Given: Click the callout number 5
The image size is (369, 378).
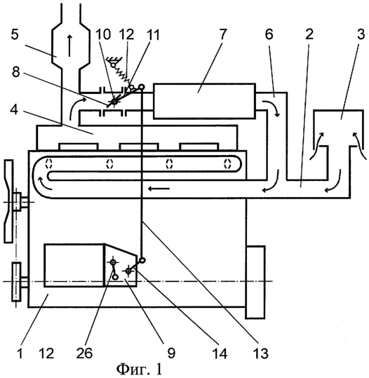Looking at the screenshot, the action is pyautogui.click(x=15, y=35).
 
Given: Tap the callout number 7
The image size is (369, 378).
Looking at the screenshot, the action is pyautogui.click(x=222, y=34).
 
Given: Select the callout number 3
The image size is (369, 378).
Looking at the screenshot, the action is pyautogui.click(x=361, y=34).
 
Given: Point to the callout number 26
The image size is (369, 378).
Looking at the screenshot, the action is pyautogui.click(x=84, y=353).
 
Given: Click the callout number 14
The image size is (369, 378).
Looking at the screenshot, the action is pyautogui.click(x=220, y=353).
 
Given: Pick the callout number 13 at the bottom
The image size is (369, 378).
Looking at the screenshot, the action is pyautogui.click(x=261, y=353).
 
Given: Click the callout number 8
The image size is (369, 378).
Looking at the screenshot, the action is pyautogui.click(x=16, y=72).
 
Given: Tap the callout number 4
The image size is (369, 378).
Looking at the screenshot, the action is pyautogui.click(x=14, y=110).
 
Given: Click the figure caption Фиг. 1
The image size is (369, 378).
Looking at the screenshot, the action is pyautogui.click(x=140, y=369).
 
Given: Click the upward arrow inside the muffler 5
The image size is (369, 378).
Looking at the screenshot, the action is pyautogui.click(x=69, y=46).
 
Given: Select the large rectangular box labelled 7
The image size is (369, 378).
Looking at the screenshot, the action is pyautogui.click(x=204, y=101).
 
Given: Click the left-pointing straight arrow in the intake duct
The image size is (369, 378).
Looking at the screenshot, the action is pyautogui.click(x=159, y=188).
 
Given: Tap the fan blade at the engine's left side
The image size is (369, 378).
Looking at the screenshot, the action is pyautogui.click(x=8, y=201).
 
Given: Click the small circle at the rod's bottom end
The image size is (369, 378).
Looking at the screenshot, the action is pyautogui.click(x=142, y=260).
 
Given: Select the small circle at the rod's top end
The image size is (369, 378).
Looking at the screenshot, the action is pyautogui.click(x=142, y=87).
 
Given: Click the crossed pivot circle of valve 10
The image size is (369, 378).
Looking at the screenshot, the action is pyautogui.click(x=114, y=102).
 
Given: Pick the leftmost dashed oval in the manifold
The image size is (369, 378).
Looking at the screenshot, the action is pyautogui.click(x=49, y=163).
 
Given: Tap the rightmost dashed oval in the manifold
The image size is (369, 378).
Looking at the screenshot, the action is pyautogui.click(x=227, y=163).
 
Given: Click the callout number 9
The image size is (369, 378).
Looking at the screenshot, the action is pyautogui.click(x=171, y=353).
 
